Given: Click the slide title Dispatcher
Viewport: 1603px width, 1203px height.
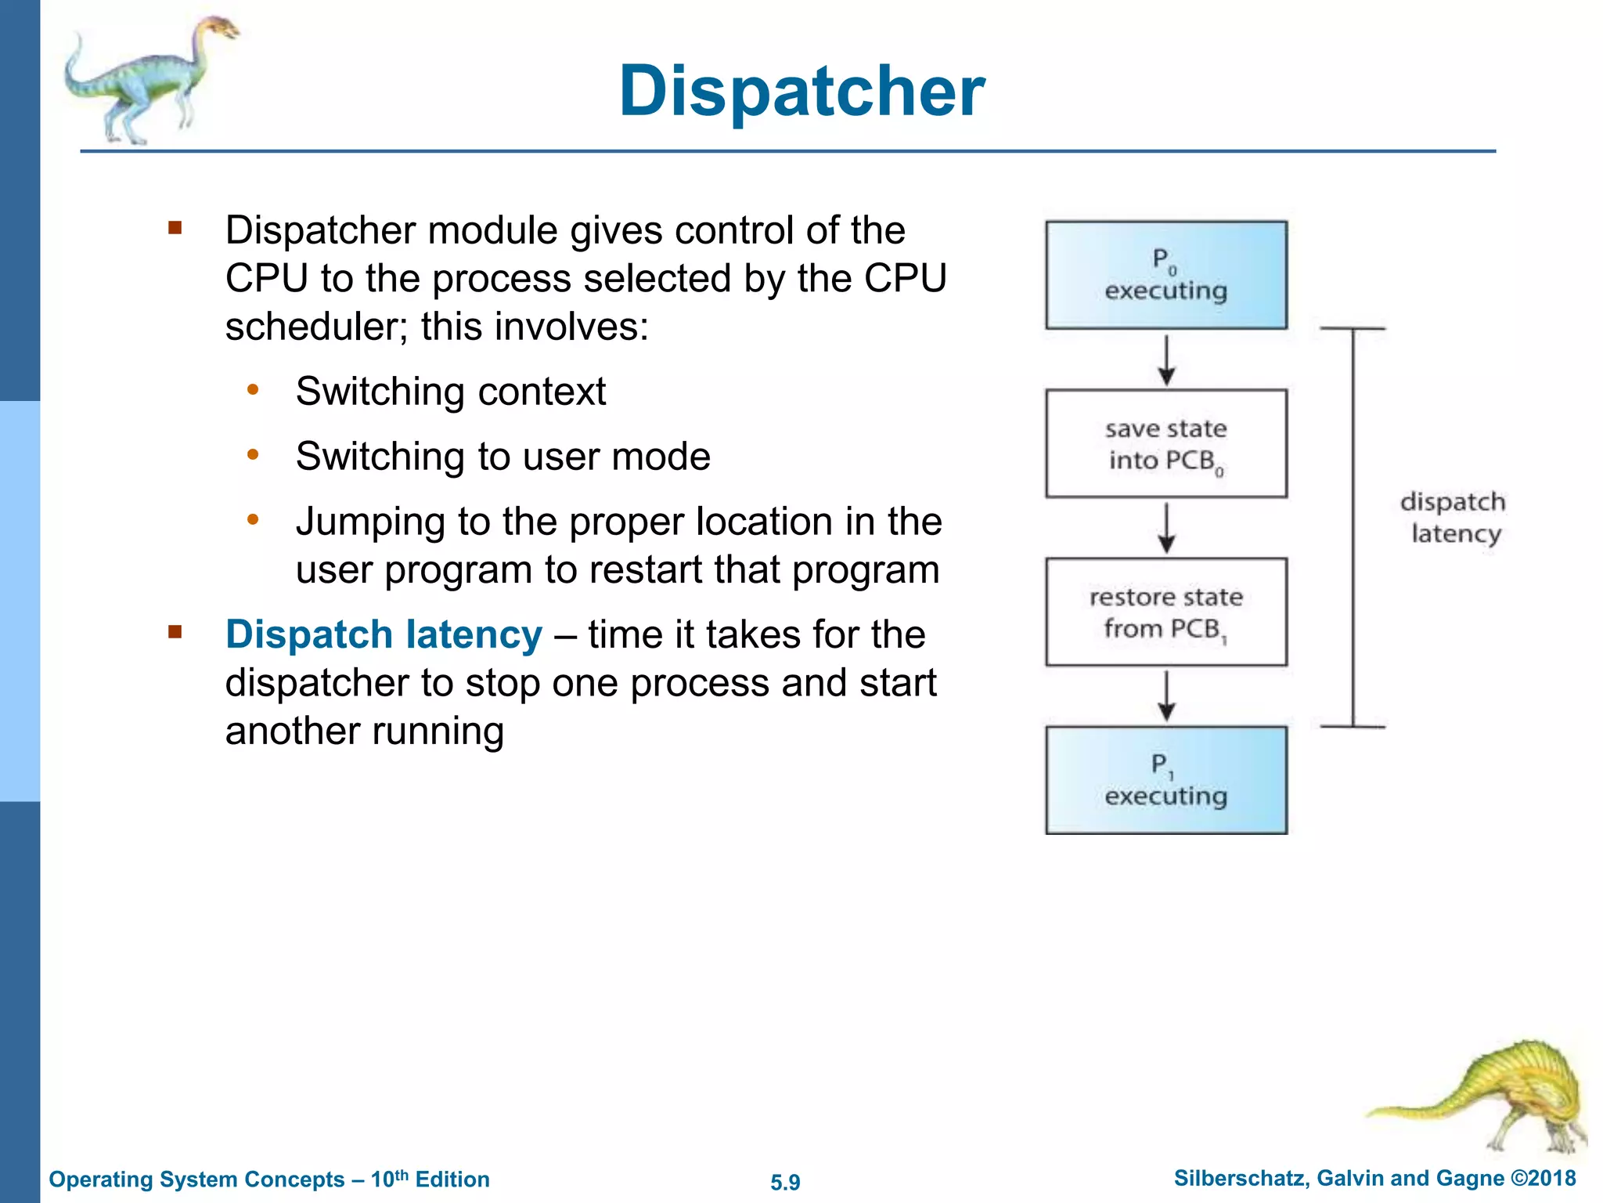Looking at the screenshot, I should (x=801, y=92).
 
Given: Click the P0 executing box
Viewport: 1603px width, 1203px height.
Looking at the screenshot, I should (x=1165, y=275).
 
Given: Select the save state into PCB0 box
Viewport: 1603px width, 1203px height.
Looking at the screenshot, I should (x=1165, y=443).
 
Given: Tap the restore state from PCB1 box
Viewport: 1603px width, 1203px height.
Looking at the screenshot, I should (x=1165, y=612).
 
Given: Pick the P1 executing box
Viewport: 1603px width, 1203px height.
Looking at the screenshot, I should (x=1165, y=780).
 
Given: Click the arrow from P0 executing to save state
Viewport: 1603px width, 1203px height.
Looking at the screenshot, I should (x=1166, y=360).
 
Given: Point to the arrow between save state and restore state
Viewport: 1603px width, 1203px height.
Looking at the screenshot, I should (x=1166, y=529).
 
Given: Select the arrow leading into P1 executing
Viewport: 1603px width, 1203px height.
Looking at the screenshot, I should (x=1166, y=696).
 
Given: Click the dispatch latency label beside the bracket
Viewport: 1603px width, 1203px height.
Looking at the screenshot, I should (x=1454, y=518).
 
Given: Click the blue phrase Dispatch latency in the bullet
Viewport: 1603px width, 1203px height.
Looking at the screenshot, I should (x=383, y=634).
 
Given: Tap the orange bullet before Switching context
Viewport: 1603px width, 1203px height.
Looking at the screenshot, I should (x=253, y=390).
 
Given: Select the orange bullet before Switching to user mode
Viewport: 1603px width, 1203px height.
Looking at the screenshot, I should (x=253, y=455).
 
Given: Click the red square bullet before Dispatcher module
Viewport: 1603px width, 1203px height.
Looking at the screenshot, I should (x=175, y=229).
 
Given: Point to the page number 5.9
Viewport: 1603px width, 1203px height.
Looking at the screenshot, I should (x=785, y=1182).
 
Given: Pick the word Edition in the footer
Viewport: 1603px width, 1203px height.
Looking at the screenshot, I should (x=452, y=1180).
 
